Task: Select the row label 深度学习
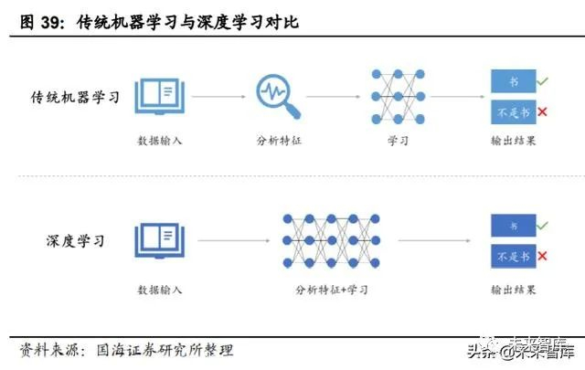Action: (75, 241)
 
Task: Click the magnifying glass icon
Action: (277, 95)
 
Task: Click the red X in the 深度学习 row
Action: (542, 256)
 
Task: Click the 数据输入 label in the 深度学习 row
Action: (160, 291)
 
